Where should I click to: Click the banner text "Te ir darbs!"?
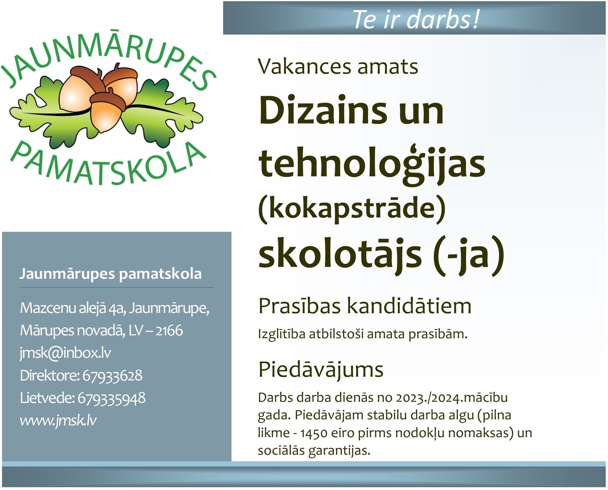pos(416,19)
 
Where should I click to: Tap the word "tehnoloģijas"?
pos(372,164)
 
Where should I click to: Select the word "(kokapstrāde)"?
pos(352,209)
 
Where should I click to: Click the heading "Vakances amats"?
pos(338,67)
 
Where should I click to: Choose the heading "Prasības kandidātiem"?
pos(365,306)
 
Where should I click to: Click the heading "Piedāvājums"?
pos(321,369)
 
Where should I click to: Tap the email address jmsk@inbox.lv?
pos(65,353)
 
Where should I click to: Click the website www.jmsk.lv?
pos(58,421)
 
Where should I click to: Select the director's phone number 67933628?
pos(112,376)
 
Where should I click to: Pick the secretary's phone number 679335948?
pos(111,398)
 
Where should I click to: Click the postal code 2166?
pos(169,330)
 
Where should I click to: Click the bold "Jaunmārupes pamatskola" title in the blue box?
pos(111,274)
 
